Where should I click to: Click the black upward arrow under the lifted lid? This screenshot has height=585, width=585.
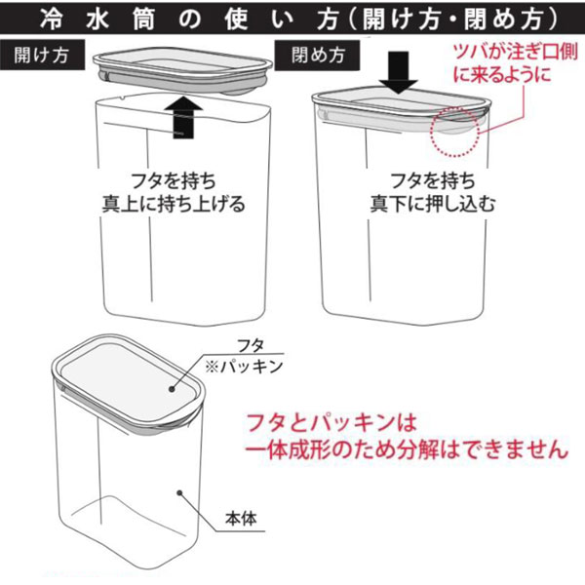tap(183, 117)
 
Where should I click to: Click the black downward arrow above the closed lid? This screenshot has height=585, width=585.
tap(399, 72)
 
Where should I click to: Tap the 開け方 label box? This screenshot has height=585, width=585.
tap(42, 56)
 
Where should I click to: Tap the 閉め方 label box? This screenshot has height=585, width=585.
tap(318, 56)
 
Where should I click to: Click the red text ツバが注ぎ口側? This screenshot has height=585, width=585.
tap(516, 53)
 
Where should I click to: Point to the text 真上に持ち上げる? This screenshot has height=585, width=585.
tap(174, 204)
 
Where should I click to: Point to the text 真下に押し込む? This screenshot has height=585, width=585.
tap(433, 204)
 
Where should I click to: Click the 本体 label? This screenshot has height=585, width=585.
tap(241, 519)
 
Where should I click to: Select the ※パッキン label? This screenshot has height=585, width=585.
tap(244, 367)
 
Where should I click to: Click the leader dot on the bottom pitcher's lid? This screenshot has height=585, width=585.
tap(172, 389)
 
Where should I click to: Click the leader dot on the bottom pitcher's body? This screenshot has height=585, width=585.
tap(179, 492)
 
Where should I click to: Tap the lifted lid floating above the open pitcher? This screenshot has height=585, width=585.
tap(182, 70)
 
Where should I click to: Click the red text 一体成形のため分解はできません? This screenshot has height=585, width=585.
tap(407, 448)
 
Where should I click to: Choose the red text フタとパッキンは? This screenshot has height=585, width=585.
tap(331, 423)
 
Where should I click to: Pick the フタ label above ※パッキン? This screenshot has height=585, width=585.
tap(251, 346)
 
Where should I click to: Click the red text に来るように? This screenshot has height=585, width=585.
tap(502, 74)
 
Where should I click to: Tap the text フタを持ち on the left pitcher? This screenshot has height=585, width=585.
tap(174, 181)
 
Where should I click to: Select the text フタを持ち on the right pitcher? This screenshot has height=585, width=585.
tap(433, 181)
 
